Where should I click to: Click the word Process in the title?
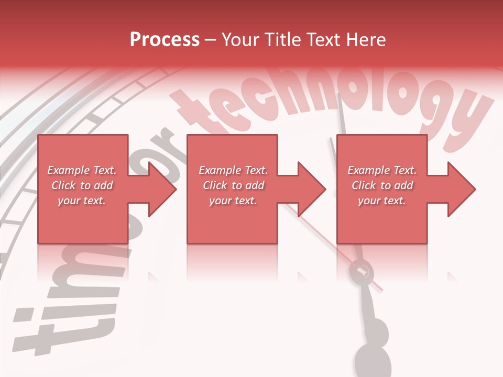coord(165,40)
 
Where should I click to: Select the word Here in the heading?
coord(365,40)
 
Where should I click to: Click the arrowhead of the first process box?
coord(162,189)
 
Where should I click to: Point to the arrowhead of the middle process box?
coord(312,189)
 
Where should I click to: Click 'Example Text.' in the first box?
coord(82,170)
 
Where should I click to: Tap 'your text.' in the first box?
coord(82,201)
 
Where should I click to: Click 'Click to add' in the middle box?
coord(233,185)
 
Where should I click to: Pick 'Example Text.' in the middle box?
coord(233,170)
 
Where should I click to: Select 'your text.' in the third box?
coord(382,201)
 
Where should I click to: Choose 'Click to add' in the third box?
coord(382,185)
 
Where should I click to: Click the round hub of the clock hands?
coord(362,271)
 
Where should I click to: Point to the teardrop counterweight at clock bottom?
coord(373,359)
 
